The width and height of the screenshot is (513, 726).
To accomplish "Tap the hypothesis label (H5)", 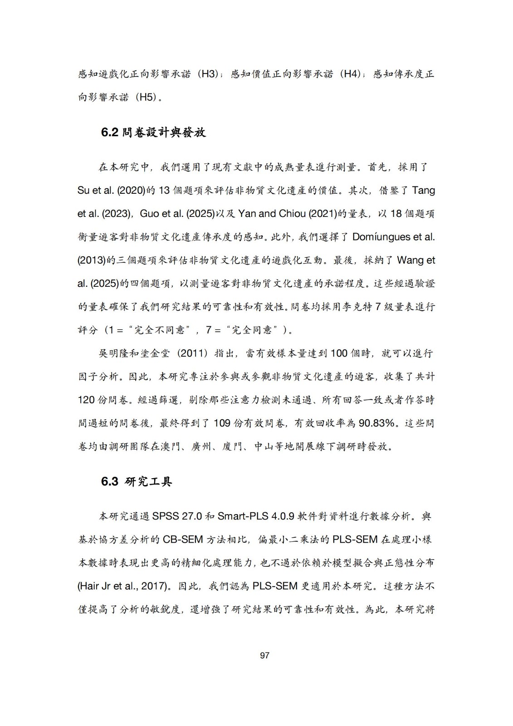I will click(x=146, y=97).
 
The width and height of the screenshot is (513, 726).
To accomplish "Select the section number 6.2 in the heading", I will click(x=109, y=132).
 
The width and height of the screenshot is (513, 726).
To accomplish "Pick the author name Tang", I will click(x=423, y=190).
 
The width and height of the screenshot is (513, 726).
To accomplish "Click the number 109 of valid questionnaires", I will click(x=222, y=423).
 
